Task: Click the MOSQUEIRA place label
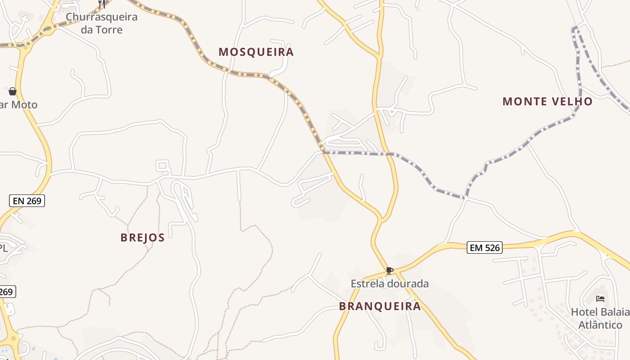point(256,52)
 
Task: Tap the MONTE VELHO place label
point(547,102)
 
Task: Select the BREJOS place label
point(143,238)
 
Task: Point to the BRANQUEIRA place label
point(380,306)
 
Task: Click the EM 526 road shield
point(484,247)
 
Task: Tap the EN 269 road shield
point(27,201)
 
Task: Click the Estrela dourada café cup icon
point(390,271)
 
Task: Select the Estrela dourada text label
point(390,284)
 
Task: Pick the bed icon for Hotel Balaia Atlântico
point(600,298)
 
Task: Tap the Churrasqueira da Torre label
point(101,23)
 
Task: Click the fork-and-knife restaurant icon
point(102,4)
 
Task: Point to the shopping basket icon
point(13,91)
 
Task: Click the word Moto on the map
point(24,105)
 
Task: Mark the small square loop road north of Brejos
point(163,166)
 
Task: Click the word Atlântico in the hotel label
point(600,325)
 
